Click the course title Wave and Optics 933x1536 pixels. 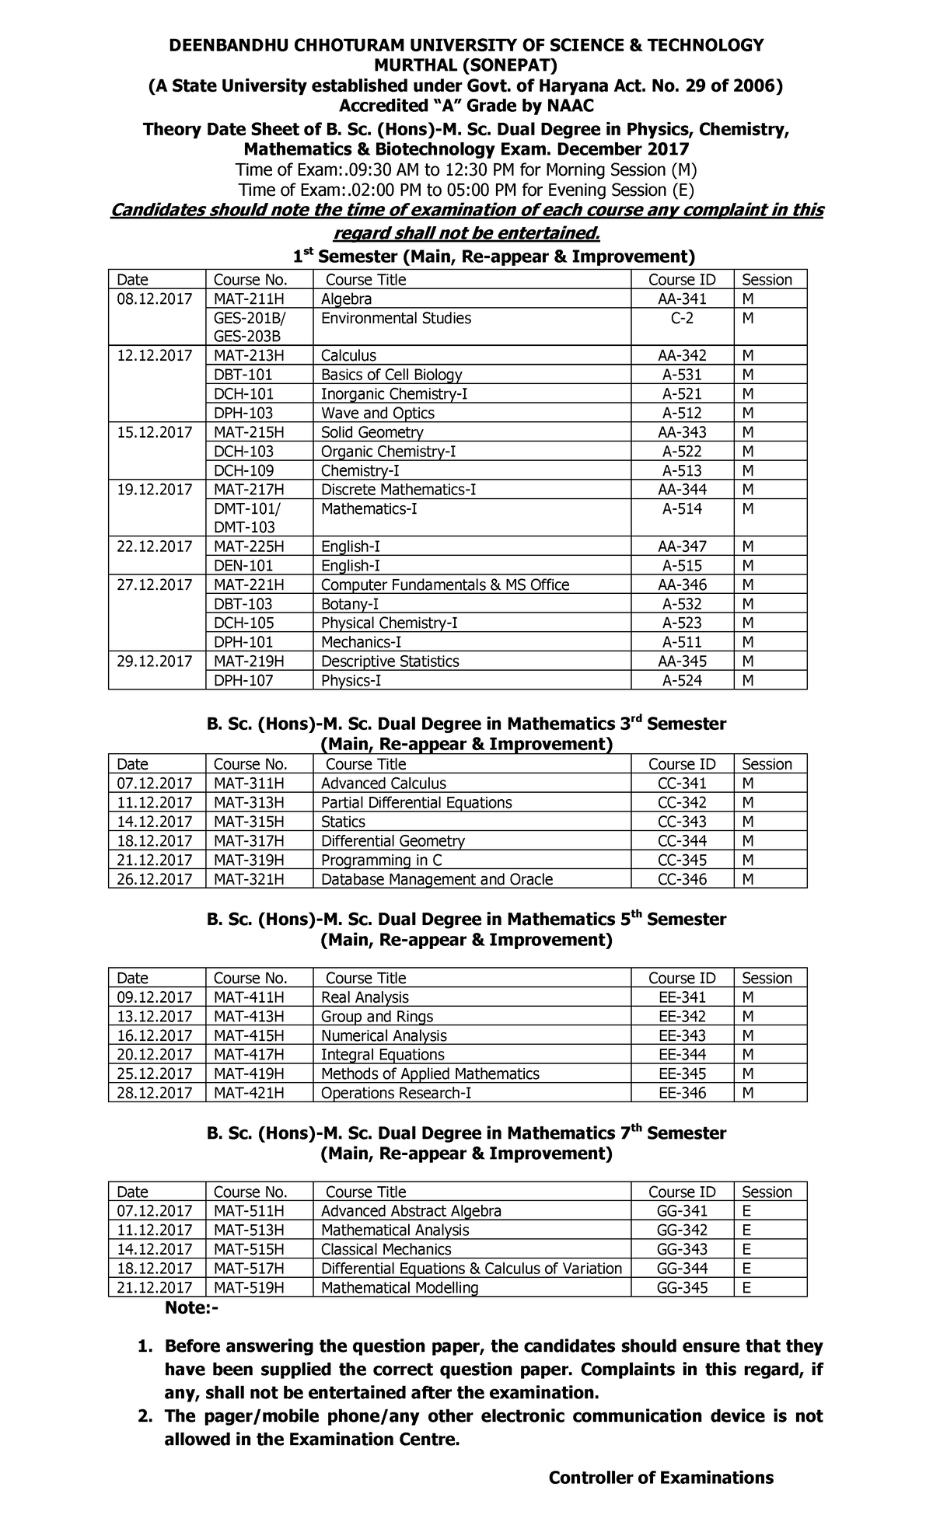click(x=377, y=414)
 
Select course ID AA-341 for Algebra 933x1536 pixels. click(x=682, y=299)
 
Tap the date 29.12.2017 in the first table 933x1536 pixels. click(x=154, y=662)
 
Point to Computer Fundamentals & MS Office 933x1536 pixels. click(x=445, y=585)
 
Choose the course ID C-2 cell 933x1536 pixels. click(x=682, y=318)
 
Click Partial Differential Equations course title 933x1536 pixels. click(x=416, y=802)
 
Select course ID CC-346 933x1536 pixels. click(x=682, y=879)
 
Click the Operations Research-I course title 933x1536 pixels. click(x=396, y=1093)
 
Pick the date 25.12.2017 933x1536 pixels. click(x=154, y=1074)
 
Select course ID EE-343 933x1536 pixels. click(x=682, y=1035)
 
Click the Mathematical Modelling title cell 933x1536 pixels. click(x=399, y=1287)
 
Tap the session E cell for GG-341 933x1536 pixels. click(x=746, y=1211)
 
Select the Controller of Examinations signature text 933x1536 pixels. click(x=661, y=1478)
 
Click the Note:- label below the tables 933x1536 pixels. click(x=191, y=1309)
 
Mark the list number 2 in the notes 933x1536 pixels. click(x=143, y=1395)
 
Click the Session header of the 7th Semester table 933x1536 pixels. click(x=767, y=1192)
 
